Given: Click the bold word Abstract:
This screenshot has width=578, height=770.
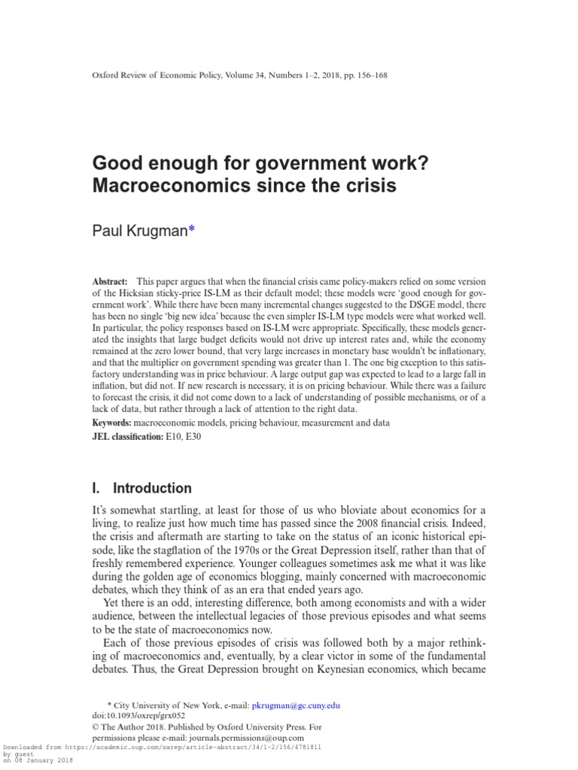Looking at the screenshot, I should tap(110, 280).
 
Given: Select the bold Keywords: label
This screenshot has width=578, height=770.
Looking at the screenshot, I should tap(112, 423).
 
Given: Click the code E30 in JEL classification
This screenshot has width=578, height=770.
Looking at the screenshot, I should tap(195, 437).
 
